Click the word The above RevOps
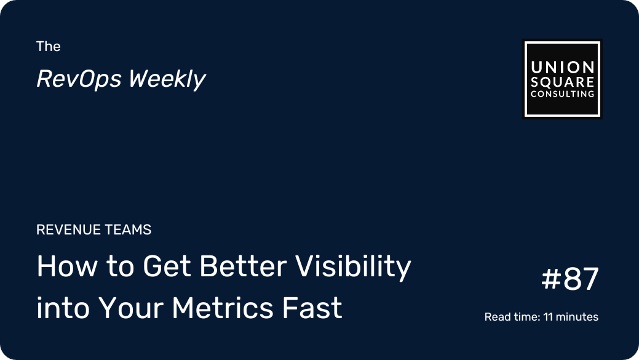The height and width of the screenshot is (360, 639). coord(49,47)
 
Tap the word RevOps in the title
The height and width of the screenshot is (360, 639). coord(79,79)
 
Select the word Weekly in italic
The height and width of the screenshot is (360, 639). coord(167,79)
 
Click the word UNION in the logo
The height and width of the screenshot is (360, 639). coord(562,67)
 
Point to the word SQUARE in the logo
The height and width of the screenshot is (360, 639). coord(562,82)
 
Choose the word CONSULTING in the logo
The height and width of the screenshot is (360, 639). coord(562,94)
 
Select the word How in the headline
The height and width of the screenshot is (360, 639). coord(67,266)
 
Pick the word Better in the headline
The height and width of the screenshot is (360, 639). coord(244,266)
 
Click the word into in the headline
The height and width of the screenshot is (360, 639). coord(63,308)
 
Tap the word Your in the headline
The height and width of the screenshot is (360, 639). coord(131,308)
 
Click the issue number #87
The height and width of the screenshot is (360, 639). coord(570,279)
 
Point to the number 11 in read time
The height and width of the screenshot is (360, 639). coord(548,317)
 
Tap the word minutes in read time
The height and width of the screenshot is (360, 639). coord(577,317)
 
